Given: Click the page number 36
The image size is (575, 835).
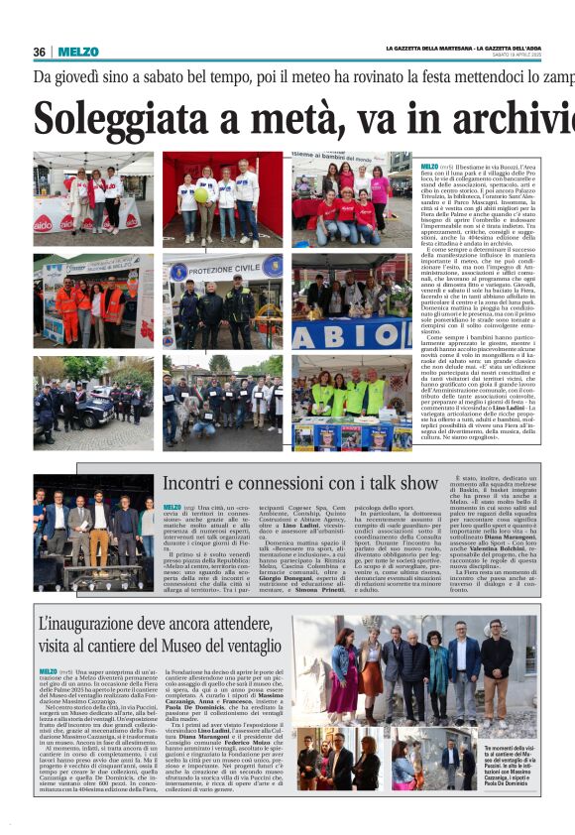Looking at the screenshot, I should [40, 52].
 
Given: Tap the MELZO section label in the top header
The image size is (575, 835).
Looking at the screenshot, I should [77, 52].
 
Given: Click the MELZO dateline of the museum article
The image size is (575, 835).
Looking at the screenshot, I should [47, 671].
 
